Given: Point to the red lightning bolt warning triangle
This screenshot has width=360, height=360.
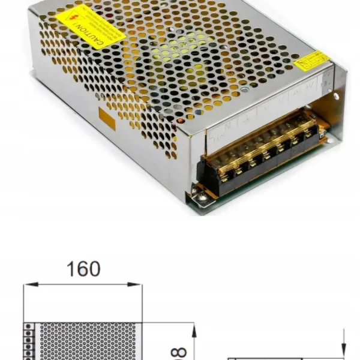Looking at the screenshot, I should coord(76,17).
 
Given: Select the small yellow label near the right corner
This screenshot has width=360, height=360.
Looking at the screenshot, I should coord(313,61).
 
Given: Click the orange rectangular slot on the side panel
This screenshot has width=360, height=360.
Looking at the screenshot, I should coord(107,118).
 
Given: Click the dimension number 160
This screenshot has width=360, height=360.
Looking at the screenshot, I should coord(83,269).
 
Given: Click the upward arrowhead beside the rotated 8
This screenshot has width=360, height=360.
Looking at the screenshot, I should coord(193,329).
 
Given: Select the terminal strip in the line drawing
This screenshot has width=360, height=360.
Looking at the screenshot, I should coord(28,342).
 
